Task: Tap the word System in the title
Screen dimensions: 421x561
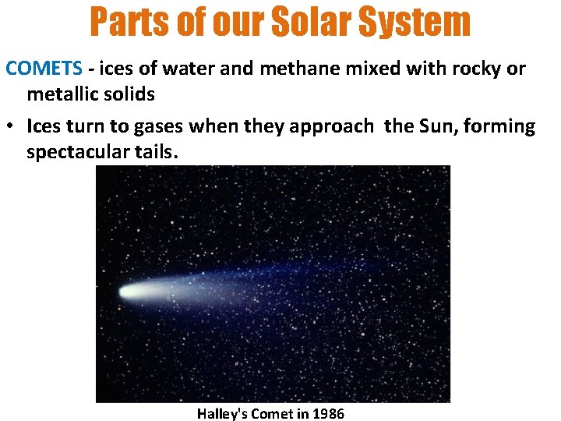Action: tap(418, 22)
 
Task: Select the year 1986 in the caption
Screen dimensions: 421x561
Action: tap(327, 413)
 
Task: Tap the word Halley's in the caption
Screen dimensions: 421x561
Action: tap(224, 413)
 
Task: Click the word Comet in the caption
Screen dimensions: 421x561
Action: tap(273, 413)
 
